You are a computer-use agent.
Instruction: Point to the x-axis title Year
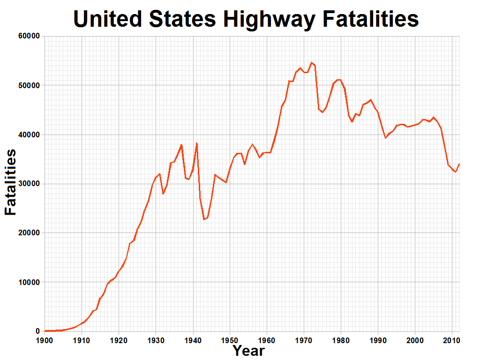[x=249, y=350]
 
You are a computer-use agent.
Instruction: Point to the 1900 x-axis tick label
[x=45, y=339]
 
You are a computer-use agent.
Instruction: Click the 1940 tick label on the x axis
[x=193, y=339]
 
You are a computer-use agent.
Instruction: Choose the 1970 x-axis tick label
[x=304, y=339]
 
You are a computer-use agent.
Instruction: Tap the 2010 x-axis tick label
[x=451, y=339]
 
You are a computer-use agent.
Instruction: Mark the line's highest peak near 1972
[x=311, y=62]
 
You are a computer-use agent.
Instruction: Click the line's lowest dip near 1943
[x=204, y=219]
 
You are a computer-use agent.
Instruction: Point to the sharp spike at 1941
[x=196, y=143]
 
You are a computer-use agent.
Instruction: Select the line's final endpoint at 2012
[x=459, y=164]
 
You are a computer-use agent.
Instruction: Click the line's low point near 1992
[x=385, y=138]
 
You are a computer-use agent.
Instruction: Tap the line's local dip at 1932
[x=163, y=194]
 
